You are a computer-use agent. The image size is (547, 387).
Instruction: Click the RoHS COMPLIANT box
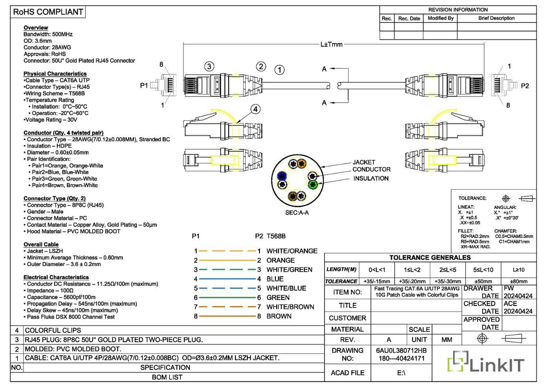coord(48,12)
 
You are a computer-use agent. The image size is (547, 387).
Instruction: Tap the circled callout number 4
coord(256,109)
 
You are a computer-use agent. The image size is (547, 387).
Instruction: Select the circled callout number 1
coord(280,70)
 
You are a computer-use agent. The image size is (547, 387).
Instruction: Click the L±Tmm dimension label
coord(331,45)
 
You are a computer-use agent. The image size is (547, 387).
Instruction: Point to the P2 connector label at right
coord(525,86)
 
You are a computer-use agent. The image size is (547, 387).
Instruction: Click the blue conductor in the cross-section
coord(282,176)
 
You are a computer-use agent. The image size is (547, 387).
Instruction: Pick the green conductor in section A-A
coord(313,185)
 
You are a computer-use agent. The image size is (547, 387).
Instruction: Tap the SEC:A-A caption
coord(297,213)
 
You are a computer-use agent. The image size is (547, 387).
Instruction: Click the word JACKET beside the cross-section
coord(364,162)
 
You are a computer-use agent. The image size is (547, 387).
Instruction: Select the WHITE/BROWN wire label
coord(290,307)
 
